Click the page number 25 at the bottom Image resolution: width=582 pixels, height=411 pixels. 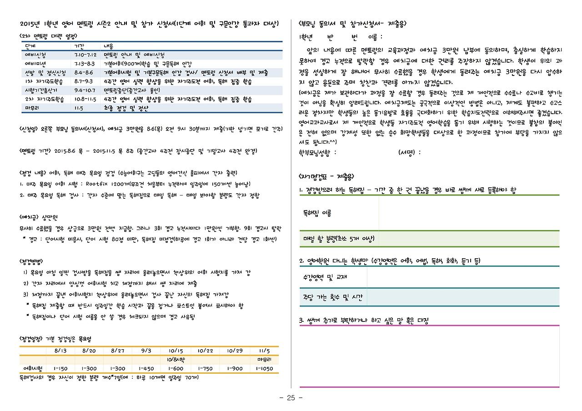pyautogui.click(x=291, y=398)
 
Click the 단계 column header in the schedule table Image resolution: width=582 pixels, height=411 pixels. pyautogui.click(x=30, y=46)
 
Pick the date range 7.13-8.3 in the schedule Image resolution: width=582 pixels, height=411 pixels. pyautogui.click(x=84, y=64)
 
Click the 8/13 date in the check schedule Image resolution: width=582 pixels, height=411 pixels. pyautogui.click(x=60, y=351)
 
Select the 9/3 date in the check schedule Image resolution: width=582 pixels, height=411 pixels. pyautogui.click(x=146, y=351)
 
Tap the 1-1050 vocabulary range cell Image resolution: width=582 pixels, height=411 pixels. pyautogui.click(x=264, y=368)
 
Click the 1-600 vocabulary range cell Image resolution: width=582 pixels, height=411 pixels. pyautogui.click(x=175, y=368)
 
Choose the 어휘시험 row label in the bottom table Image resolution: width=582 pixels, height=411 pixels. pyautogui.click(x=33, y=368)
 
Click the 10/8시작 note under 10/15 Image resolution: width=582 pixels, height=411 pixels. pyautogui.click(x=175, y=360)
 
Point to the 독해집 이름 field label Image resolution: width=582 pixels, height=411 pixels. pyautogui.click(x=317, y=213)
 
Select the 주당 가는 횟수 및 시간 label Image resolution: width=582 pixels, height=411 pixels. pyautogui.click(x=333, y=297)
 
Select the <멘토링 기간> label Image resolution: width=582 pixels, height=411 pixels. pyautogui.click(x=35, y=151)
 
